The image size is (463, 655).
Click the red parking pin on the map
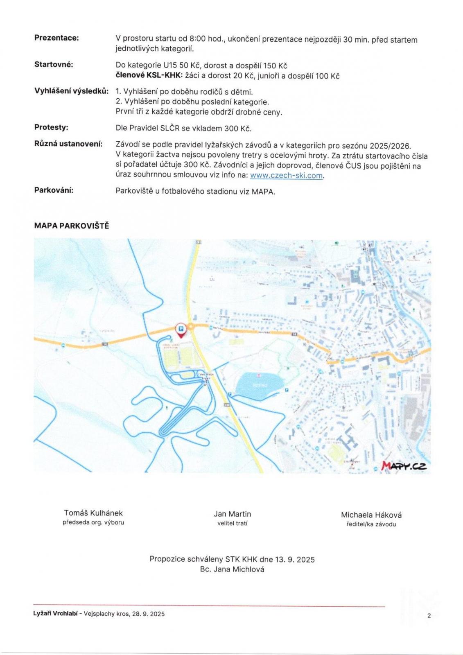click(181, 329)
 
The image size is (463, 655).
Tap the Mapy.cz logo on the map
click(404, 466)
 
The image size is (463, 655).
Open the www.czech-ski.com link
click(287, 176)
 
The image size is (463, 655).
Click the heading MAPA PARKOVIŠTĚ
click(72, 226)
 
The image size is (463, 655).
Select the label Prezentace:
click(56, 38)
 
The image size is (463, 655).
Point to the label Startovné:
click(54, 64)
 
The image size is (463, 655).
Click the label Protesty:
click(51, 127)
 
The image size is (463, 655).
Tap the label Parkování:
click(54, 190)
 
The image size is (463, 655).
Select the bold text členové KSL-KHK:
click(149, 76)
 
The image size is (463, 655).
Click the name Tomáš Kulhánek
click(93, 513)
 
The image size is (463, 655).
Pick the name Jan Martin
click(232, 514)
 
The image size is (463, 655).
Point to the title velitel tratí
click(232, 523)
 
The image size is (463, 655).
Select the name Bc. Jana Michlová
click(232, 569)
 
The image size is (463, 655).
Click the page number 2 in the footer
click(429, 615)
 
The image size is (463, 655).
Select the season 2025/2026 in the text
click(390, 146)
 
